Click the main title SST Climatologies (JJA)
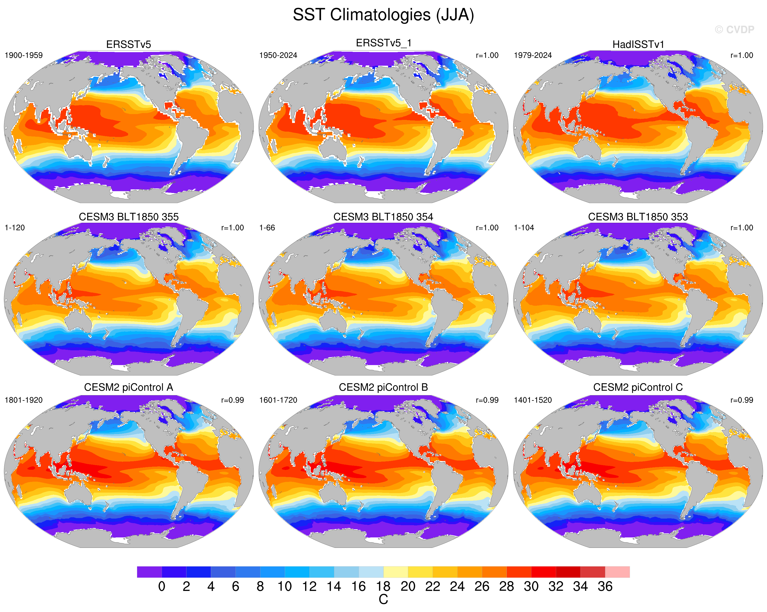click(x=383, y=15)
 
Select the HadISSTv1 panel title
click(x=638, y=45)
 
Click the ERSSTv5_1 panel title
click(x=383, y=43)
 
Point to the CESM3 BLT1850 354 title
click(x=383, y=217)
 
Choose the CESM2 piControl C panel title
click(x=638, y=387)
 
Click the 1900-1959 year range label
click(x=23, y=55)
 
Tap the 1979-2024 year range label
click(x=532, y=55)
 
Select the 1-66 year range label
click(x=267, y=228)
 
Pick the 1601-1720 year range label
click(x=278, y=400)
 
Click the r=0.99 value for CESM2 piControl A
click(x=232, y=400)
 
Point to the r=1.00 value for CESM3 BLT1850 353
click(x=742, y=228)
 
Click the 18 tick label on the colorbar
click(x=383, y=586)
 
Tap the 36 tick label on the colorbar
click(x=605, y=586)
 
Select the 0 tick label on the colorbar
click(x=161, y=586)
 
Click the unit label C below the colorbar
click(x=383, y=600)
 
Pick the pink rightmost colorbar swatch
click(x=617, y=572)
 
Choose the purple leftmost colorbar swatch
click(x=149, y=572)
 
